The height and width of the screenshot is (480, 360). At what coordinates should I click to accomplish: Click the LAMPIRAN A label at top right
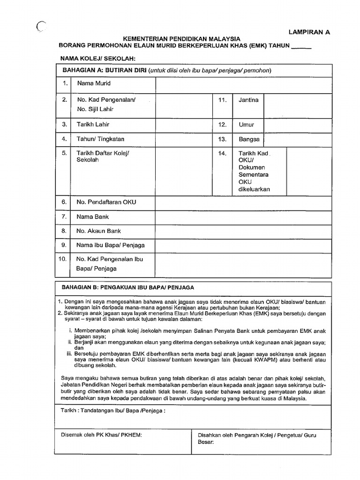[x=309, y=32]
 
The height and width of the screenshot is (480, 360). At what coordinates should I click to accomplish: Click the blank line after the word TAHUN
[x=301, y=46]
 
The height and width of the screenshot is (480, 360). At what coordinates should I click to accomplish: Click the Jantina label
[x=248, y=100]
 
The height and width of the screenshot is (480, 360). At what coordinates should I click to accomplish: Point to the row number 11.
[x=222, y=100]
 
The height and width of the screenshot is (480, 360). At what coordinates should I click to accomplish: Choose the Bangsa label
[x=249, y=139]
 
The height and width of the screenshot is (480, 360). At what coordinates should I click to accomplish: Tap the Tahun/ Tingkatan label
[x=100, y=139]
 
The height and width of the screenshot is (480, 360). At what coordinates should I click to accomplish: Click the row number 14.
[x=222, y=153]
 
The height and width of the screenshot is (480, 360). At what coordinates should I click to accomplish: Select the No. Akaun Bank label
[x=99, y=231]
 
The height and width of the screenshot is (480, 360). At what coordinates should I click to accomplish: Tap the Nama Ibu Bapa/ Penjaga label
[x=111, y=245]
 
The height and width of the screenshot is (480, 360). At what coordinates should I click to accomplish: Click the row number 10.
[x=62, y=259]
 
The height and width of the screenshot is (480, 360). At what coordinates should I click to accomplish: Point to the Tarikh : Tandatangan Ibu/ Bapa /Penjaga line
[x=113, y=410]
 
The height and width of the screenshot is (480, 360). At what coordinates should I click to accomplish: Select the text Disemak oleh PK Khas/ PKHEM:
[x=101, y=435]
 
